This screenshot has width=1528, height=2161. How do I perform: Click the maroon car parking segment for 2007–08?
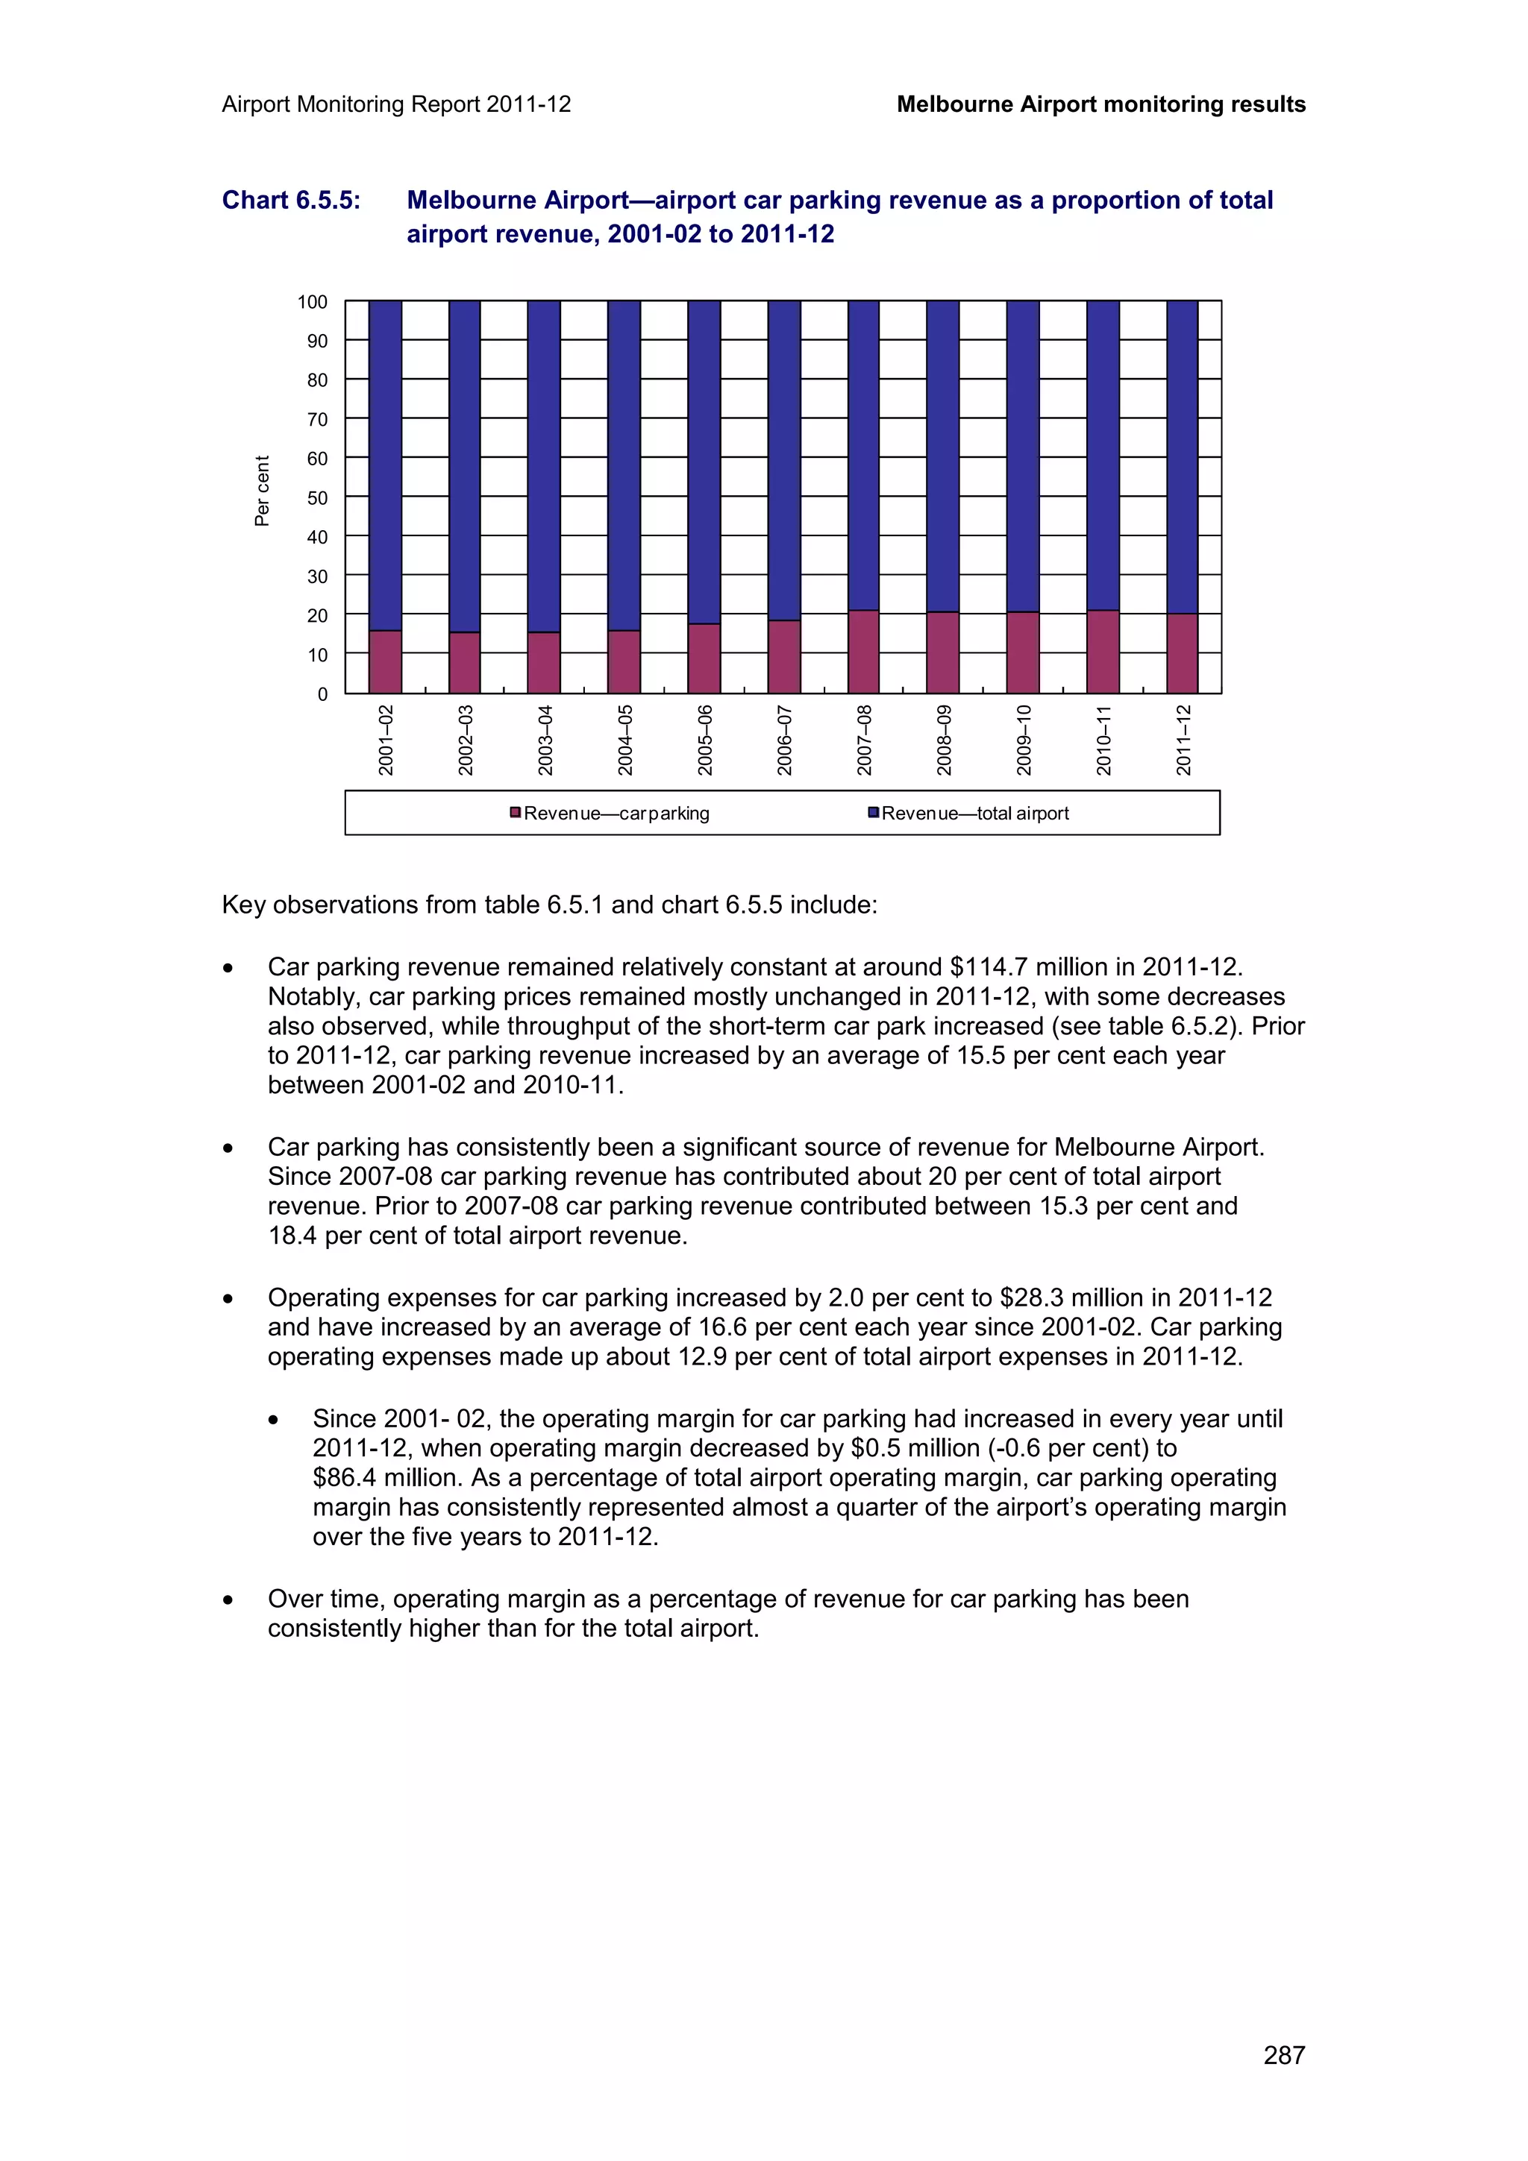[x=863, y=651]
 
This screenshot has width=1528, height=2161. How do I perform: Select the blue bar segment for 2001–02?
[x=385, y=465]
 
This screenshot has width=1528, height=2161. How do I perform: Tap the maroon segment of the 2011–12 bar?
[x=1183, y=653]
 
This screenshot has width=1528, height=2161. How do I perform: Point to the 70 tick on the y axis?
[x=317, y=420]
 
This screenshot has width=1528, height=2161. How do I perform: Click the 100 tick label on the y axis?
[x=313, y=302]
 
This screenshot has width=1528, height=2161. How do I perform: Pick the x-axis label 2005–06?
[x=705, y=740]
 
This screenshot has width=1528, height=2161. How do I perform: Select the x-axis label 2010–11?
[x=1103, y=740]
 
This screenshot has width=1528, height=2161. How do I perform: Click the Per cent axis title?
[x=263, y=491]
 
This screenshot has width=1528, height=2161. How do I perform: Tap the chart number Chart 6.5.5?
[x=291, y=201]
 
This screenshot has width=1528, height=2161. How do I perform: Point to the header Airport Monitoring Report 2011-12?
[x=396, y=104]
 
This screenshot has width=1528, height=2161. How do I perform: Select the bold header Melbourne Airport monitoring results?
[x=1100, y=104]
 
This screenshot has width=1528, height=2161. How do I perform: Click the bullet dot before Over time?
[x=228, y=1600]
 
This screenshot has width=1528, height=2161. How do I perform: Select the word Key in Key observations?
[x=243, y=905]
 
